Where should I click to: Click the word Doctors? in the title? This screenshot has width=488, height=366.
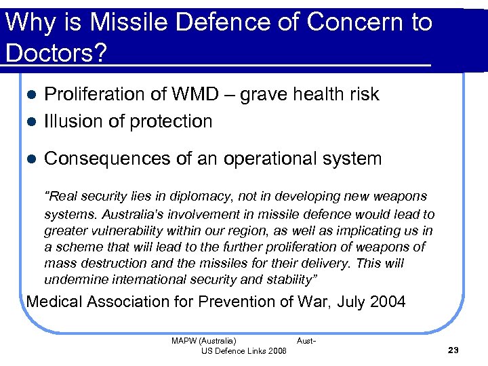tap(55, 52)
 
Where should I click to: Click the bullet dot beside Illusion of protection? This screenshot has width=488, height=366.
tap(32, 122)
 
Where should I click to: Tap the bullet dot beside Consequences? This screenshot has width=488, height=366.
tap(32, 159)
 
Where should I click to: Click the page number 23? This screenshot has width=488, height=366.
tap(453, 350)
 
